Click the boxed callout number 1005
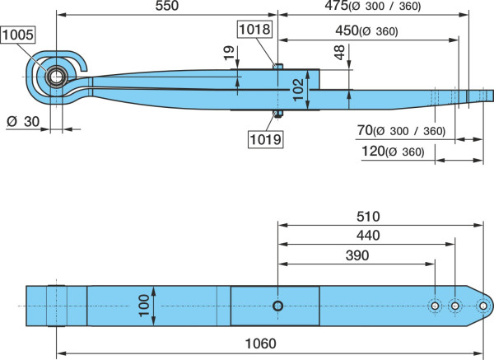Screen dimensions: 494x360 pos(18,35)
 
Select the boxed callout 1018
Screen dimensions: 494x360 pos(255,29)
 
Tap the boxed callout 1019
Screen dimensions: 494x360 pos(266,139)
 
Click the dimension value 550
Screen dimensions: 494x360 pos(167,6)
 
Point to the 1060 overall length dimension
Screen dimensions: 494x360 pos(260,344)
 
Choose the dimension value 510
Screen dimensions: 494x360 pos(368,217)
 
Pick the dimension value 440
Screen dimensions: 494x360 pos(368,236)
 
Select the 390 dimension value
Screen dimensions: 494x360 pos(357,255)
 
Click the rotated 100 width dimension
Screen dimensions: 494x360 pos(144,306)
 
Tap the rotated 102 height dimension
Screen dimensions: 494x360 pos(298,90)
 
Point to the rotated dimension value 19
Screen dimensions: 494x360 pos(229,53)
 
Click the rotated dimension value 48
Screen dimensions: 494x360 pos(339,53)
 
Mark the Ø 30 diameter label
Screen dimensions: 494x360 pos(23,121)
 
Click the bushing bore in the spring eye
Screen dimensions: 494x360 pos(56,77)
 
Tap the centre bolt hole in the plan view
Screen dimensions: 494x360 pos(278,306)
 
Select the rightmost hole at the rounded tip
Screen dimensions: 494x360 pos(483,306)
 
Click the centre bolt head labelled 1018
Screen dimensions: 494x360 pos(278,66)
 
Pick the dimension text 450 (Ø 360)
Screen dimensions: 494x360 pos(366,31)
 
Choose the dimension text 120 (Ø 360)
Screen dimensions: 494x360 pos(393,152)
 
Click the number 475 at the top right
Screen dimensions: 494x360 pos(337,6)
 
